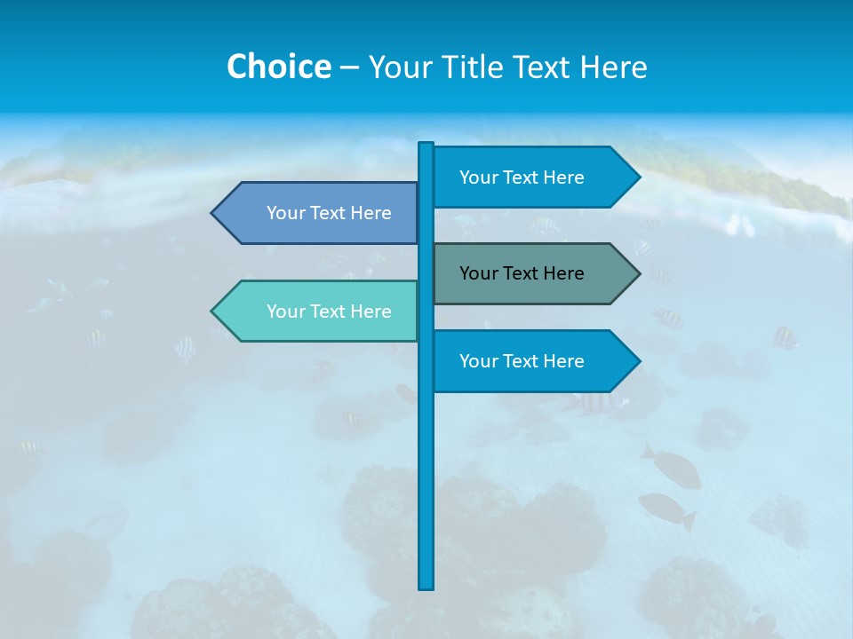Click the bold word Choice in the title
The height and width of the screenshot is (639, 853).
(278, 67)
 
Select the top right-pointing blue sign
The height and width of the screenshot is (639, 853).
(533, 177)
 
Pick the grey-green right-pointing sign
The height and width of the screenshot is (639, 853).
(533, 273)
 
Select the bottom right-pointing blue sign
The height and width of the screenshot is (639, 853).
(533, 361)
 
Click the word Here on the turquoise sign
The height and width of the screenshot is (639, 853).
(371, 312)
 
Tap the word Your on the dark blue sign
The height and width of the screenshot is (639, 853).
(286, 213)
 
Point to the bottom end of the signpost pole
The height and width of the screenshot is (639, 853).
(426, 586)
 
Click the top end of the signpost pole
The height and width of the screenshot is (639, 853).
(426, 146)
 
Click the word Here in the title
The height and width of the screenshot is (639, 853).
(614, 67)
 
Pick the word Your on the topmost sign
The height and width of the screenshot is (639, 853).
(479, 177)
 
